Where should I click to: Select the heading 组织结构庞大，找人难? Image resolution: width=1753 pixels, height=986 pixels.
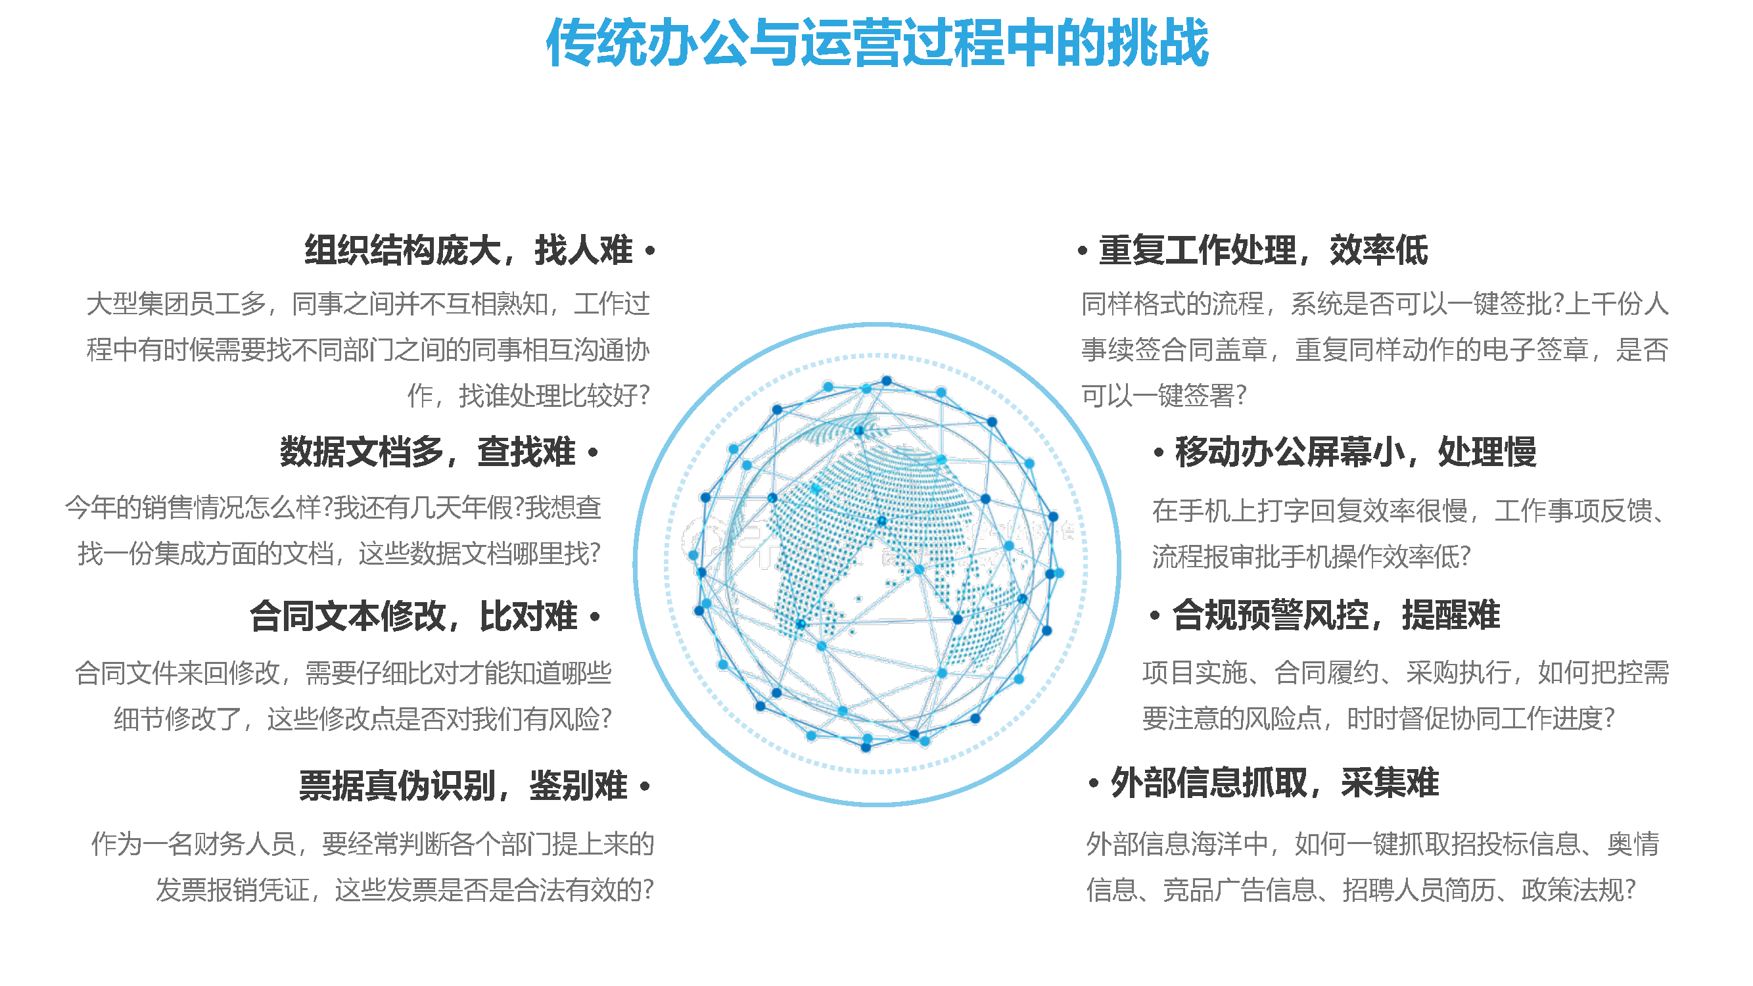click(469, 250)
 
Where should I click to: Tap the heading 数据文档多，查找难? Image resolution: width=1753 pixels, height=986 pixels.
click(427, 452)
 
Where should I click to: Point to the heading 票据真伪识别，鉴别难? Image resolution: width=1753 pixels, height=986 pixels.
click(463, 786)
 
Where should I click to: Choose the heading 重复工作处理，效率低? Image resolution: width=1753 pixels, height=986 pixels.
click(1263, 250)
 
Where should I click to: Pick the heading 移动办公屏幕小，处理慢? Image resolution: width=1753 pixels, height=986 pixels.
click(1355, 452)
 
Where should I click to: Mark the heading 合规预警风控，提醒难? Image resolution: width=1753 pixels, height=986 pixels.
click(1336, 615)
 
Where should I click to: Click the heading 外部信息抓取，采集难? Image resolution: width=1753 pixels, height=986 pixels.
click(1274, 782)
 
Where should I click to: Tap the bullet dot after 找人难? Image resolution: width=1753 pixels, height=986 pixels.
click(651, 251)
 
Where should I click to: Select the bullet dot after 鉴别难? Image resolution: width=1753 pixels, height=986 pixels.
click(645, 787)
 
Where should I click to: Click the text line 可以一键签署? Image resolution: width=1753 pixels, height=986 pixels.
click(1163, 394)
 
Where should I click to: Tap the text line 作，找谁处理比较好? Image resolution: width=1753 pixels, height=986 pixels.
click(528, 395)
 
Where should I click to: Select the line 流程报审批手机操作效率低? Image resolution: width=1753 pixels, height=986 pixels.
click(1311, 556)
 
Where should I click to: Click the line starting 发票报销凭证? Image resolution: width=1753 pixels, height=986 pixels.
click(405, 889)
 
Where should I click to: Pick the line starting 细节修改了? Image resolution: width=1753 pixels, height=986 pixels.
click(363, 718)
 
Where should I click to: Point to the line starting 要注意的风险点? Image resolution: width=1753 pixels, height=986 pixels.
click(1379, 718)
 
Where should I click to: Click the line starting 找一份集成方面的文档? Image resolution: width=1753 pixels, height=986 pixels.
click(340, 553)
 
